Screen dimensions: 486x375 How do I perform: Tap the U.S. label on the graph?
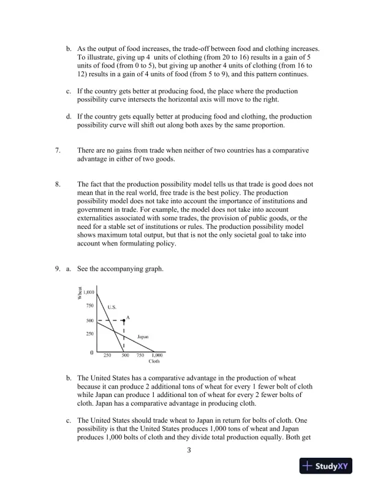(112, 307)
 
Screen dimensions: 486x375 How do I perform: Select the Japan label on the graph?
(143, 337)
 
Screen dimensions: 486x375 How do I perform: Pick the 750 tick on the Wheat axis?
(89, 305)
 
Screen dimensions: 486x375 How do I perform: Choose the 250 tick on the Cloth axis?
(107, 355)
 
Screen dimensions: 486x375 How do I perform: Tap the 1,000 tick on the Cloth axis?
(156, 355)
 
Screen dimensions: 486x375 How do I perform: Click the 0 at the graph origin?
(91, 353)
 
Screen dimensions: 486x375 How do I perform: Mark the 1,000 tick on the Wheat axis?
(88, 293)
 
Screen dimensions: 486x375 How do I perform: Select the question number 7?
(57, 150)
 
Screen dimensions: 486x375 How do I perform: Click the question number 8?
(57, 183)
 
